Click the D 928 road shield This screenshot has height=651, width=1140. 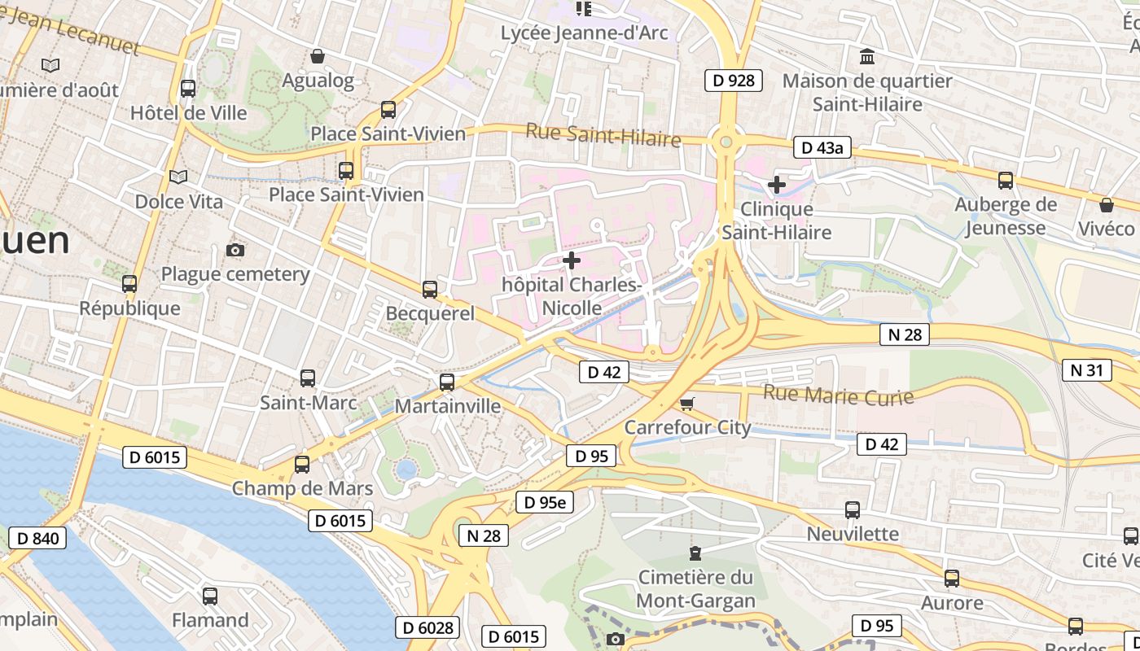(733, 80)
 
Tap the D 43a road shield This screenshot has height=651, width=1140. (822, 147)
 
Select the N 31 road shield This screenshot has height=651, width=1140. (1086, 370)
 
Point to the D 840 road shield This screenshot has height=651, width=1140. (37, 538)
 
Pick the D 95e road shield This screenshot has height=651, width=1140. (544, 503)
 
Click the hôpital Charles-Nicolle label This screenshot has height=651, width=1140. (572, 296)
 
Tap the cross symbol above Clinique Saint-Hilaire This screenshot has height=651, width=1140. (777, 185)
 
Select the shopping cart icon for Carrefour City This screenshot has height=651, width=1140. (687, 404)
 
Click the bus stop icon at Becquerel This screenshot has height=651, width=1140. (430, 289)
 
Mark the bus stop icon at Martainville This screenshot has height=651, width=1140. (447, 382)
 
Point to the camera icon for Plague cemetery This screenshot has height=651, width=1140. (235, 250)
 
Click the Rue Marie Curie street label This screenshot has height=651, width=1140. (838, 395)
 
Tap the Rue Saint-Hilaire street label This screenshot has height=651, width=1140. (603, 134)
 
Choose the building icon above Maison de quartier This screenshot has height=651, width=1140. (867, 57)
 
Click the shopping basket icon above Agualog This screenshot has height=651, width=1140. (318, 56)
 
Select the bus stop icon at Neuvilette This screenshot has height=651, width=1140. (853, 510)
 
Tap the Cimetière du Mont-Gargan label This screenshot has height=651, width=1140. (695, 589)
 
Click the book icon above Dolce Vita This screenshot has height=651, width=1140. (178, 177)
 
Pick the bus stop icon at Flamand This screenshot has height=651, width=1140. (210, 596)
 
